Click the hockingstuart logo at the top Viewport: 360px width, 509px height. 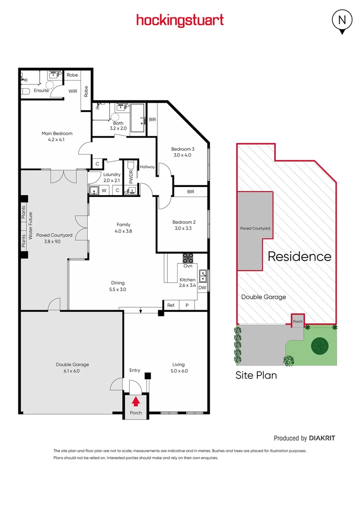(x=180, y=20)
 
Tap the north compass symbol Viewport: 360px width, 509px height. (x=343, y=21)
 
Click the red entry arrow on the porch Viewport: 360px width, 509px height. (x=136, y=401)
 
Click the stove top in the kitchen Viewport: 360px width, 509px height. (x=188, y=258)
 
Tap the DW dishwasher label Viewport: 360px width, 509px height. (x=202, y=287)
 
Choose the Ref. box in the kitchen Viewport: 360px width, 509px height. (x=171, y=305)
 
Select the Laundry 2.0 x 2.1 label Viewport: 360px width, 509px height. (x=112, y=177)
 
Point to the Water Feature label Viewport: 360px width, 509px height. (x=30, y=227)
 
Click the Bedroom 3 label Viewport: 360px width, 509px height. (x=182, y=152)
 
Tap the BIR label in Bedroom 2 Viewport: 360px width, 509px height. (x=190, y=192)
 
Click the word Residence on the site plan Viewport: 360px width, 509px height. (x=299, y=256)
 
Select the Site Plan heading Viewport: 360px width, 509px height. (x=256, y=376)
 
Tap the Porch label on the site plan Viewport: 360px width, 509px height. (x=298, y=321)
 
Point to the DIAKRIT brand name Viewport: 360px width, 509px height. (x=322, y=438)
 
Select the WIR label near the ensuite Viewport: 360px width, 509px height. (x=73, y=91)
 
